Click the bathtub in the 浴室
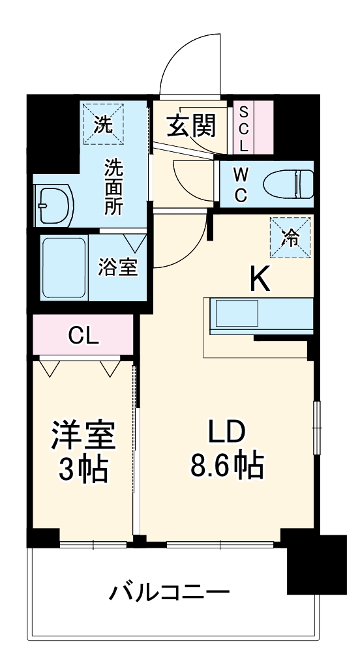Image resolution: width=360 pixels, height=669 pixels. click(x=63, y=267)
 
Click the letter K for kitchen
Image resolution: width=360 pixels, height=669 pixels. click(x=260, y=280)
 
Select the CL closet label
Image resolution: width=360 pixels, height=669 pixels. click(x=84, y=336)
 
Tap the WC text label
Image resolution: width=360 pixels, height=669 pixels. click(x=241, y=185)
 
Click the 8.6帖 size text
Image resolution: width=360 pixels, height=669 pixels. click(x=227, y=465)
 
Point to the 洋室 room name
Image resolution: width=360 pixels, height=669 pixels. click(x=83, y=436)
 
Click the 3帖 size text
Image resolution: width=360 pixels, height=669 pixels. click(x=83, y=469)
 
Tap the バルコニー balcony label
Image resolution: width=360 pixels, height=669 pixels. click(x=170, y=593)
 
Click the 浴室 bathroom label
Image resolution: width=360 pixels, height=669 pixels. click(x=118, y=268)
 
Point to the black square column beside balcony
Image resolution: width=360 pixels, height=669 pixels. click(x=317, y=564)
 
